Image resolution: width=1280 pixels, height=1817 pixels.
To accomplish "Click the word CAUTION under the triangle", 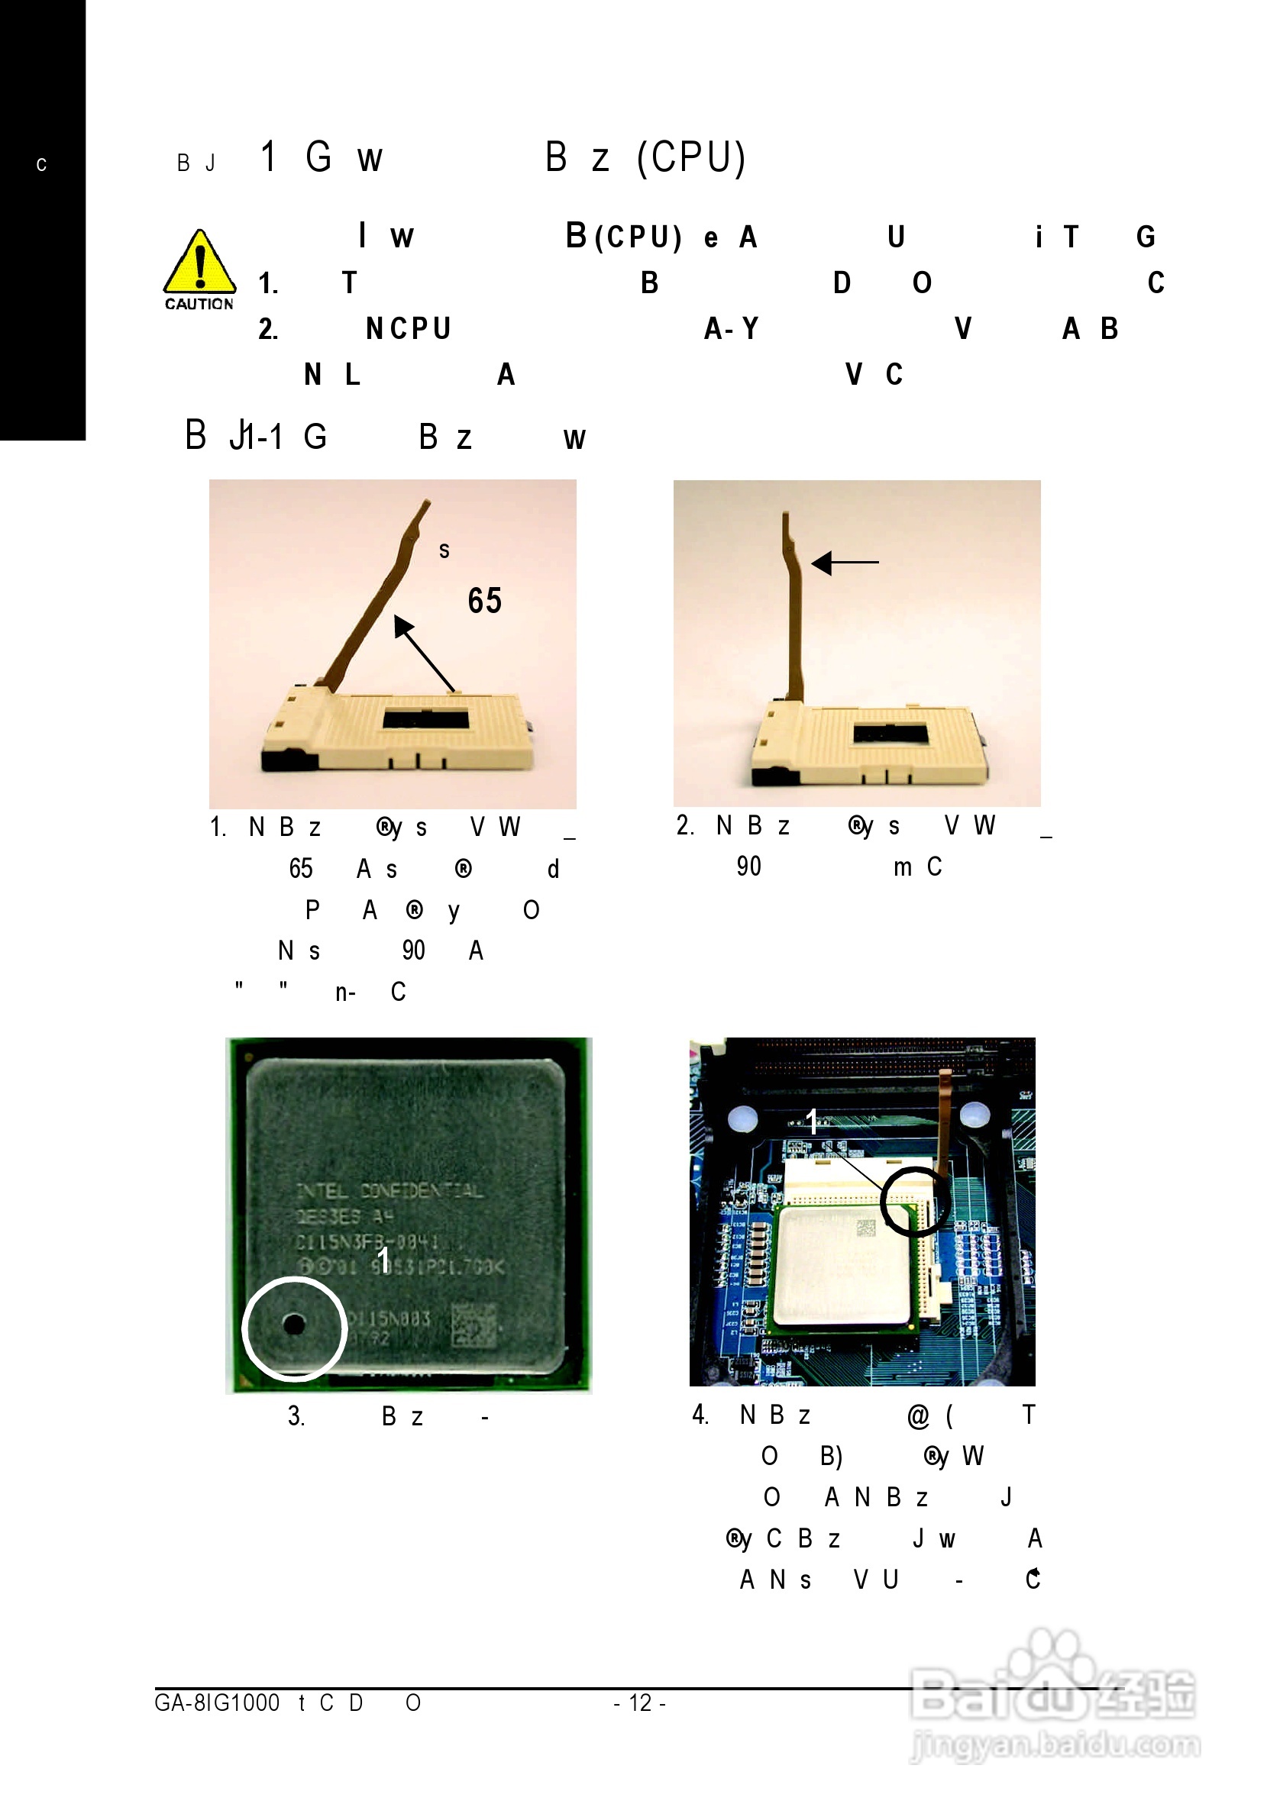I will click(199, 304).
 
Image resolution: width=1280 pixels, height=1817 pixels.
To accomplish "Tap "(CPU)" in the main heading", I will click(691, 157).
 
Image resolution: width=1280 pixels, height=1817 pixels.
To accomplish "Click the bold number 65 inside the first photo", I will click(484, 601).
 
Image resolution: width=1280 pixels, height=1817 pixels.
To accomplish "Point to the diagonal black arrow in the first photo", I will click(425, 654).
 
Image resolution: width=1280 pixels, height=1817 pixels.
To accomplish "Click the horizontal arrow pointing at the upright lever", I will click(845, 562).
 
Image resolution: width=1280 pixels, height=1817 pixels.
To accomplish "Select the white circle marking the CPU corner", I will click(295, 1328).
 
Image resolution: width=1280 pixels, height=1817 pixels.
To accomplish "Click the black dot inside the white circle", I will click(294, 1323).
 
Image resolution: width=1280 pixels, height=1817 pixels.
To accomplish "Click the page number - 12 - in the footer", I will click(639, 1702).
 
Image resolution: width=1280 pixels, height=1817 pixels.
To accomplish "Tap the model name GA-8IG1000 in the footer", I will click(217, 1702).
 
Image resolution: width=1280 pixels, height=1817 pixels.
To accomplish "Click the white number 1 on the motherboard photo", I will click(811, 1121).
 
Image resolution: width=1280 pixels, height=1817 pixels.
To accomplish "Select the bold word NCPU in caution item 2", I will click(409, 328).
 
